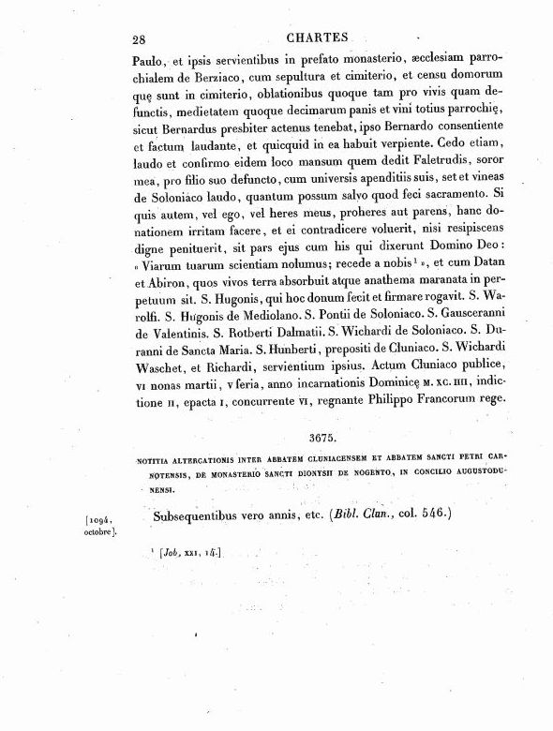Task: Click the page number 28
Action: (139, 37)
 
